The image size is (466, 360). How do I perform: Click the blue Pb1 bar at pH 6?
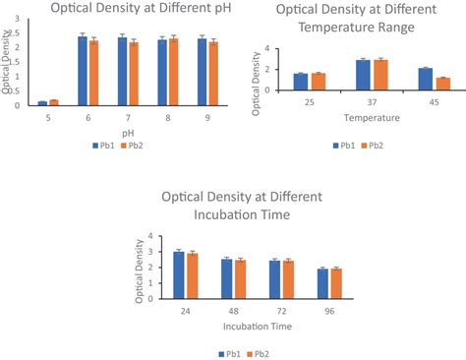tap(83, 71)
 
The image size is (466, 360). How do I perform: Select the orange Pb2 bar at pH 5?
tap(54, 102)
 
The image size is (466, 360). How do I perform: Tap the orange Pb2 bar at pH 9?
tap(212, 73)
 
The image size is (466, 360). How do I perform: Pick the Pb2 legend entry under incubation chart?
tap(259, 351)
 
